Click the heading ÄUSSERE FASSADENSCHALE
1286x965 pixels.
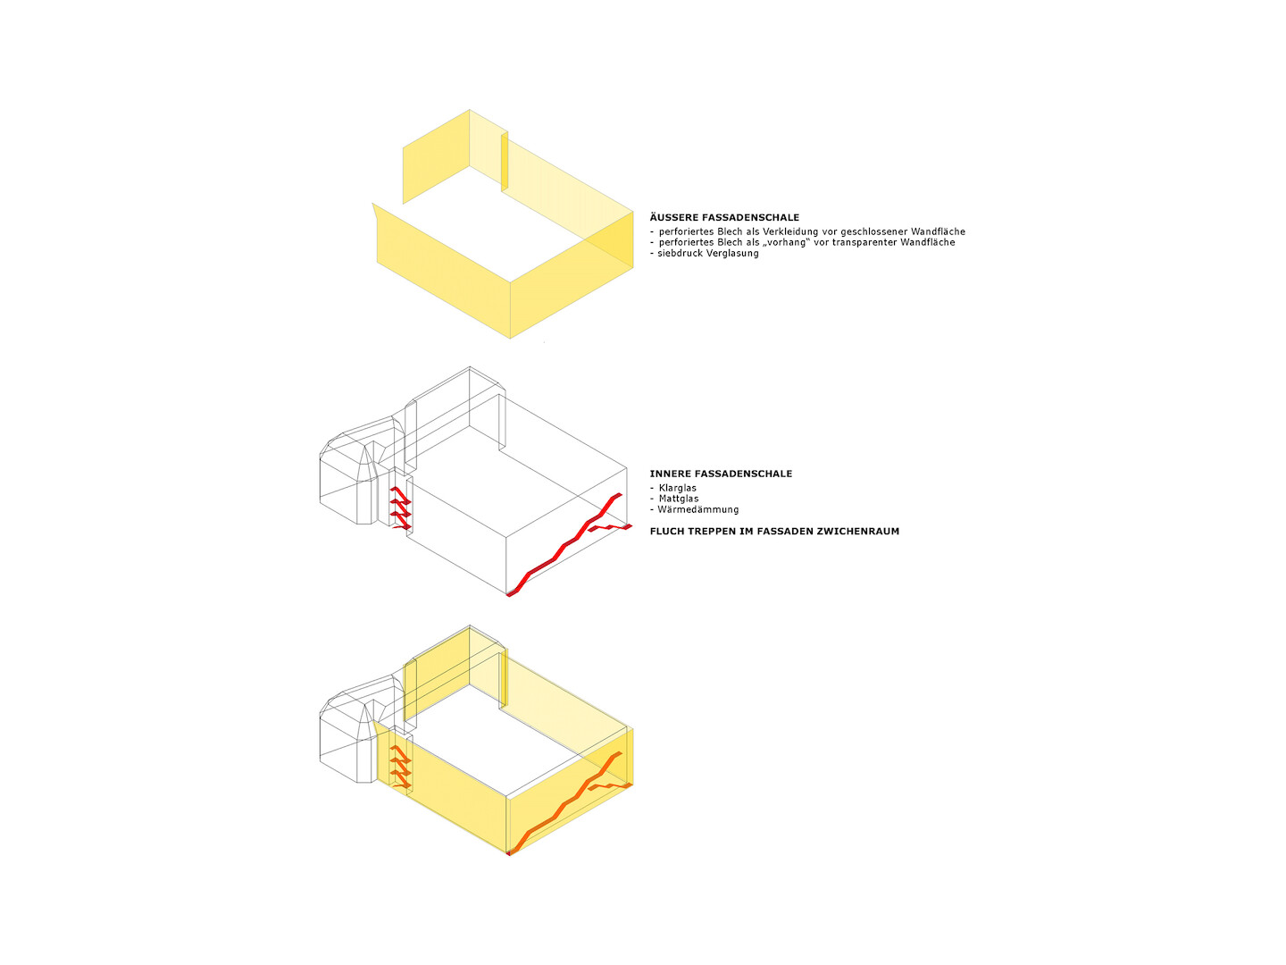[x=724, y=217]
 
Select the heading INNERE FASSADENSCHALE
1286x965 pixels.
[x=721, y=474]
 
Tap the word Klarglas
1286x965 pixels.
[x=678, y=488]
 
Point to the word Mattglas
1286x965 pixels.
[x=679, y=499]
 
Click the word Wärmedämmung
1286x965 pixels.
[x=697, y=509]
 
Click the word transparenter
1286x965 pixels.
[x=864, y=242]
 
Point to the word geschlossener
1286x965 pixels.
[x=873, y=232]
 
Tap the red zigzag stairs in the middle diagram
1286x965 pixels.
[x=401, y=508]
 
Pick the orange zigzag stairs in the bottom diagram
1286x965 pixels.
[x=401, y=767]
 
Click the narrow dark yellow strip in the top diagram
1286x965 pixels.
[x=505, y=162]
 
